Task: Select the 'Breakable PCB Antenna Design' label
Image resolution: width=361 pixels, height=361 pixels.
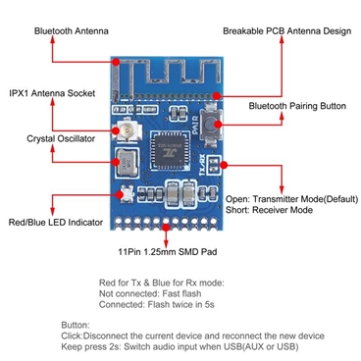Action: tap(285, 31)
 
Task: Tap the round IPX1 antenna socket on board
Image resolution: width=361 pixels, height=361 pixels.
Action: tap(129, 130)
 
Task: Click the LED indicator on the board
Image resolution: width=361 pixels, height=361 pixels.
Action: tap(126, 195)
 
